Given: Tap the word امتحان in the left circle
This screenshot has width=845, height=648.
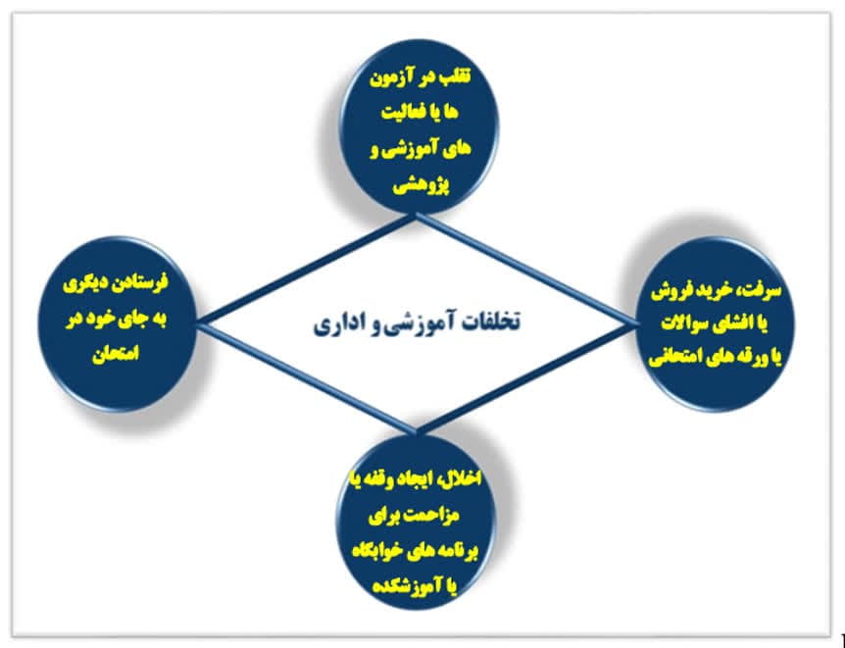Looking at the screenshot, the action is pos(116,354).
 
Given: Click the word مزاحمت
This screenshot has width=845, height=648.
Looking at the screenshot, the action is pos(431,516).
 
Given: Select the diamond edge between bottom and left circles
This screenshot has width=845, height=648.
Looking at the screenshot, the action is pos(308,377).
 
